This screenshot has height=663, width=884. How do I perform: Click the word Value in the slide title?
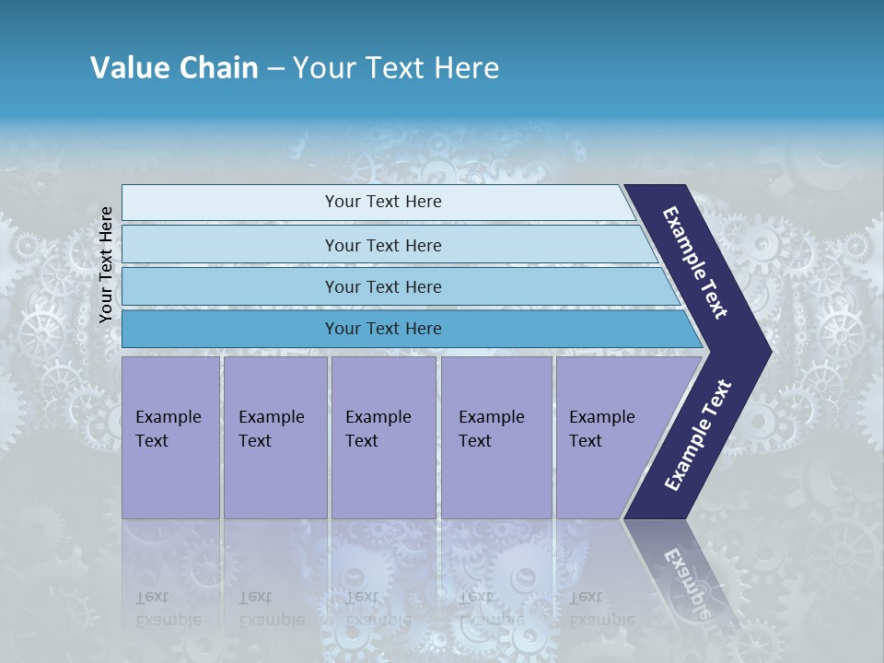pyautogui.click(x=127, y=68)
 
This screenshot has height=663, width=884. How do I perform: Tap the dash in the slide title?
pyautogui.click(x=275, y=69)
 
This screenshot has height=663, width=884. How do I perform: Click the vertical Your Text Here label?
pyautogui.click(x=106, y=265)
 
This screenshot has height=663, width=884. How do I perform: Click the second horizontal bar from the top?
pyautogui.click(x=383, y=245)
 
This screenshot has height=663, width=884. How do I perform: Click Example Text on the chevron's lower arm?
pyautogui.click(x=698, y=435)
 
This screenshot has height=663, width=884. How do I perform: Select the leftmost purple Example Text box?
pyautogui.click(x=170, y=437)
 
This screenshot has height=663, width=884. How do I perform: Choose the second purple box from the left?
pyautogui.click(x=274, y=437)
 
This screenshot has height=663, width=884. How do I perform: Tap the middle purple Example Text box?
pyautogui.click(x=383, y=437)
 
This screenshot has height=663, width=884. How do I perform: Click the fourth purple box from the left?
pyautogui.click(x=496, y=437)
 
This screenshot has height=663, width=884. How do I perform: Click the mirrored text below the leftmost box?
pyautogui.click(x=168, y=609)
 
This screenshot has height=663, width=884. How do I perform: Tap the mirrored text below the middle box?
pyautogui.click(x=378, y=609)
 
